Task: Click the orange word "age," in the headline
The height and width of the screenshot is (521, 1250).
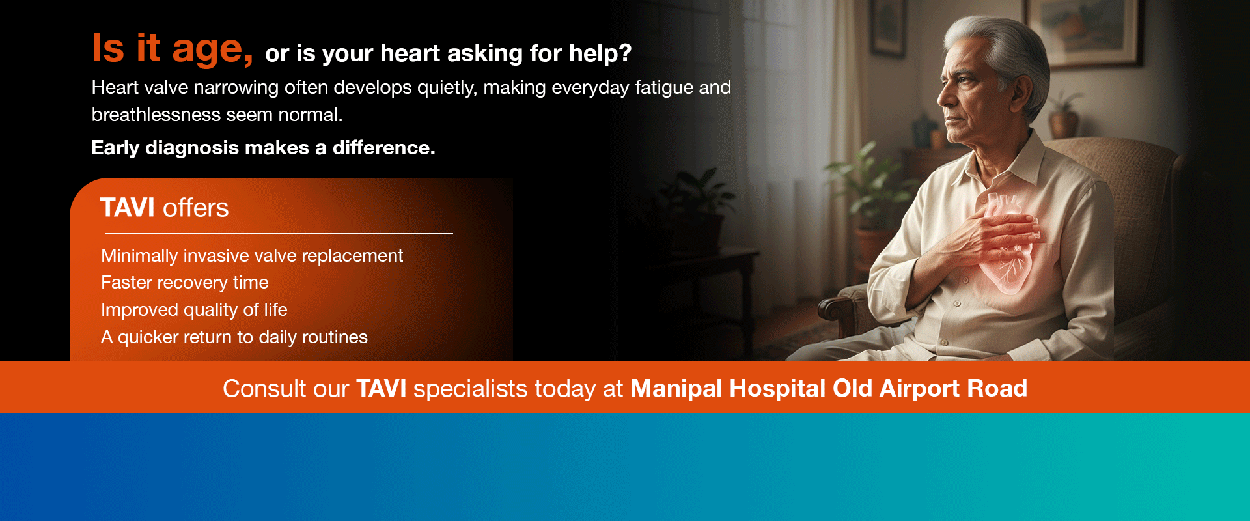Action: tap(212, 49)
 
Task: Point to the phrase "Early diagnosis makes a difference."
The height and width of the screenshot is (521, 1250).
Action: tap(263, 148)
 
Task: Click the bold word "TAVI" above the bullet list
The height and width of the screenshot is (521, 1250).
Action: tap(128, 208)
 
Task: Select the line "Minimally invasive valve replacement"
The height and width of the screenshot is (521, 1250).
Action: tap(252, 255)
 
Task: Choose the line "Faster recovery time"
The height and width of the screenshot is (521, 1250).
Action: tap(185, 283)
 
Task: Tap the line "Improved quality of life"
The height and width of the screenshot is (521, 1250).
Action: tap(194, 310)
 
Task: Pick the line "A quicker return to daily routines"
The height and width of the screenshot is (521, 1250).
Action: tap(234, 337)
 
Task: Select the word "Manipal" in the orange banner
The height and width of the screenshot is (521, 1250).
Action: tap(676, 389)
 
